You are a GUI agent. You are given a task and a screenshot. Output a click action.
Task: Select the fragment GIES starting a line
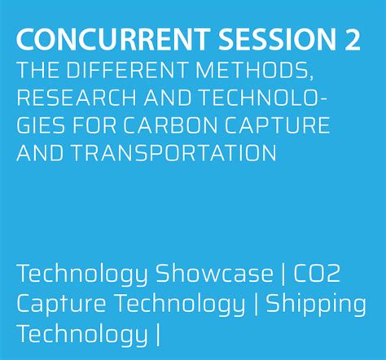(40, 125)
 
